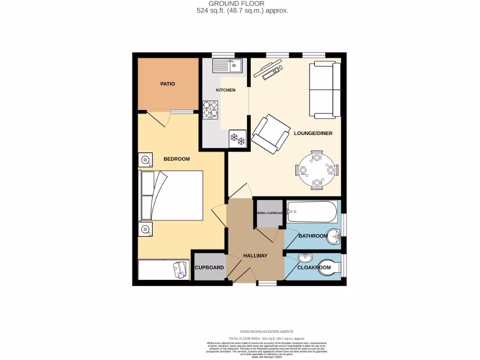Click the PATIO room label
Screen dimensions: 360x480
pyautogui.click(x=167, y=84)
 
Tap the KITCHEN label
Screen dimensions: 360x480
pyautogui.click(x=225, y=90)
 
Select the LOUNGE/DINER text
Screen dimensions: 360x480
pyautogui.click(x=313, y=133)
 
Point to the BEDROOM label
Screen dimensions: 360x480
pyautogui.click(x=176, y=159)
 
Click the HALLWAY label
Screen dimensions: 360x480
pyautogui.click(x=255, y=255)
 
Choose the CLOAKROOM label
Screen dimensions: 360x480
pyautogui.click(x=314, y=268)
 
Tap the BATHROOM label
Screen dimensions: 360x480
pyautogui.click(x=313, y=236)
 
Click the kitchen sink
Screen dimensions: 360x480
pyautogui.click(x=226, y=65)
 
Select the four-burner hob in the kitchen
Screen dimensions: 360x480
pyautogui.click(x=210, y=110)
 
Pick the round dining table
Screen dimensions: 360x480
pyautogui.click(x=316, y=169)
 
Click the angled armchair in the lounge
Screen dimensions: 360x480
pyautogui.click(x=270, y=134)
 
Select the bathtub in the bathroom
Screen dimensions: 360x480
pyautogui.click(x=312, y=212)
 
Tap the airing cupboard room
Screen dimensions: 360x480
pyautogui.click(x=270, y=213)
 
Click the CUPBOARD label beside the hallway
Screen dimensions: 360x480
pyautogui.click(x=210, y=268)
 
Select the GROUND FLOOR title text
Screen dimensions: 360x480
pyautogui.click(x=243, y=4)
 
